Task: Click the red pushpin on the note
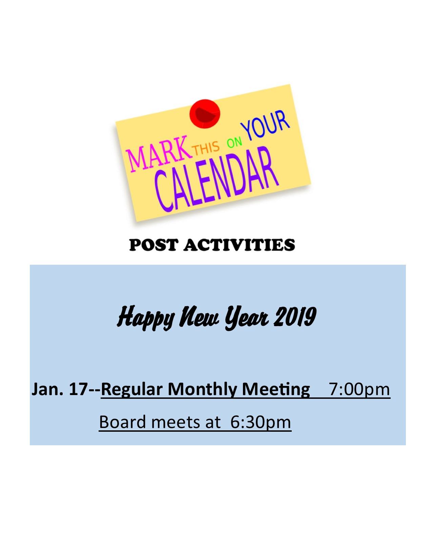coord(205,114)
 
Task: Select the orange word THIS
coord(206,148)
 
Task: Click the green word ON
coord(234,142)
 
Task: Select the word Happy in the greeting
coord(146,317)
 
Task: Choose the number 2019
coord(295,316)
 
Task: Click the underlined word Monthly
coord(202,389)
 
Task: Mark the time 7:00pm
coord(359,389)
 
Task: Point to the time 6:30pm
coord(260,423)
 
